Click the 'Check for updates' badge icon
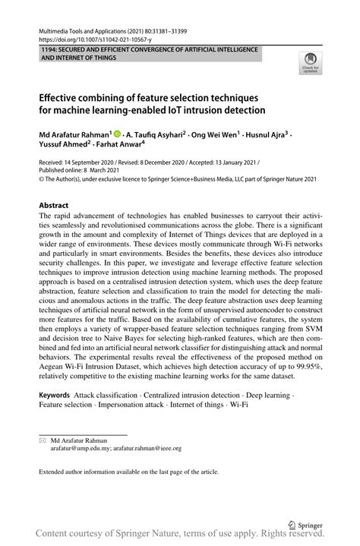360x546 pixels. coord(310,62)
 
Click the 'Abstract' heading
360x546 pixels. coord(53,205)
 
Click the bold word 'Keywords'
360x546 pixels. coord(55,396)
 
